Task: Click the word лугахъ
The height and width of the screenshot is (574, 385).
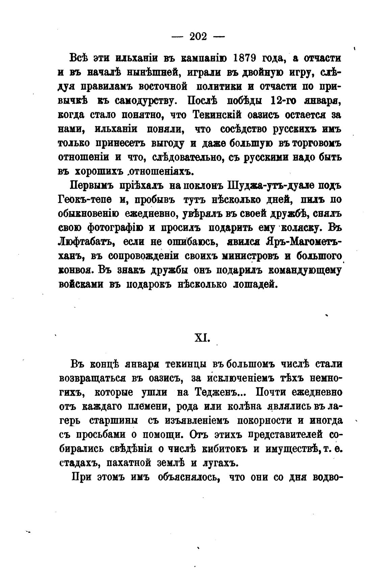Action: [218, 463]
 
